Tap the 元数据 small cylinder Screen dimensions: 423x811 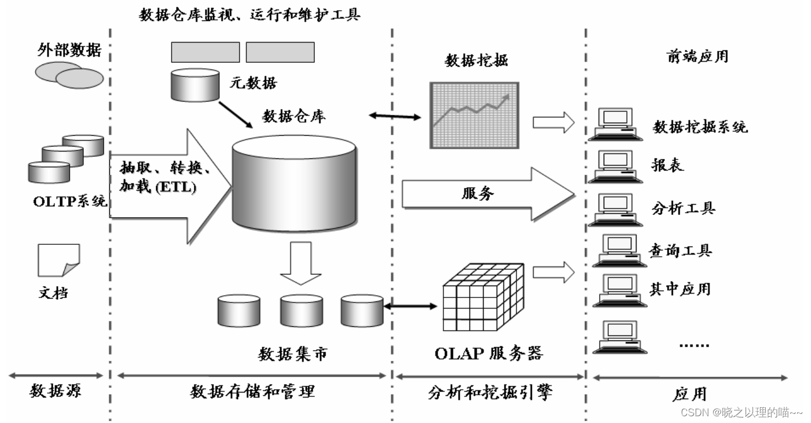(195, 85)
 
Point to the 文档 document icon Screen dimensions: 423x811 (58, 261)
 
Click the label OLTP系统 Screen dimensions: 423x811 (69, 201)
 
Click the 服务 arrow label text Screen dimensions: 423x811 (477, 194)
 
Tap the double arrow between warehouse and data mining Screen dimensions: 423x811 (395, 116)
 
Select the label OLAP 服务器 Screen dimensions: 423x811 (488, 353)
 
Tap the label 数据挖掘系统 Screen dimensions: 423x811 (701, 127)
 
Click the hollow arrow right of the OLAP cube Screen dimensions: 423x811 (553, 272)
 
